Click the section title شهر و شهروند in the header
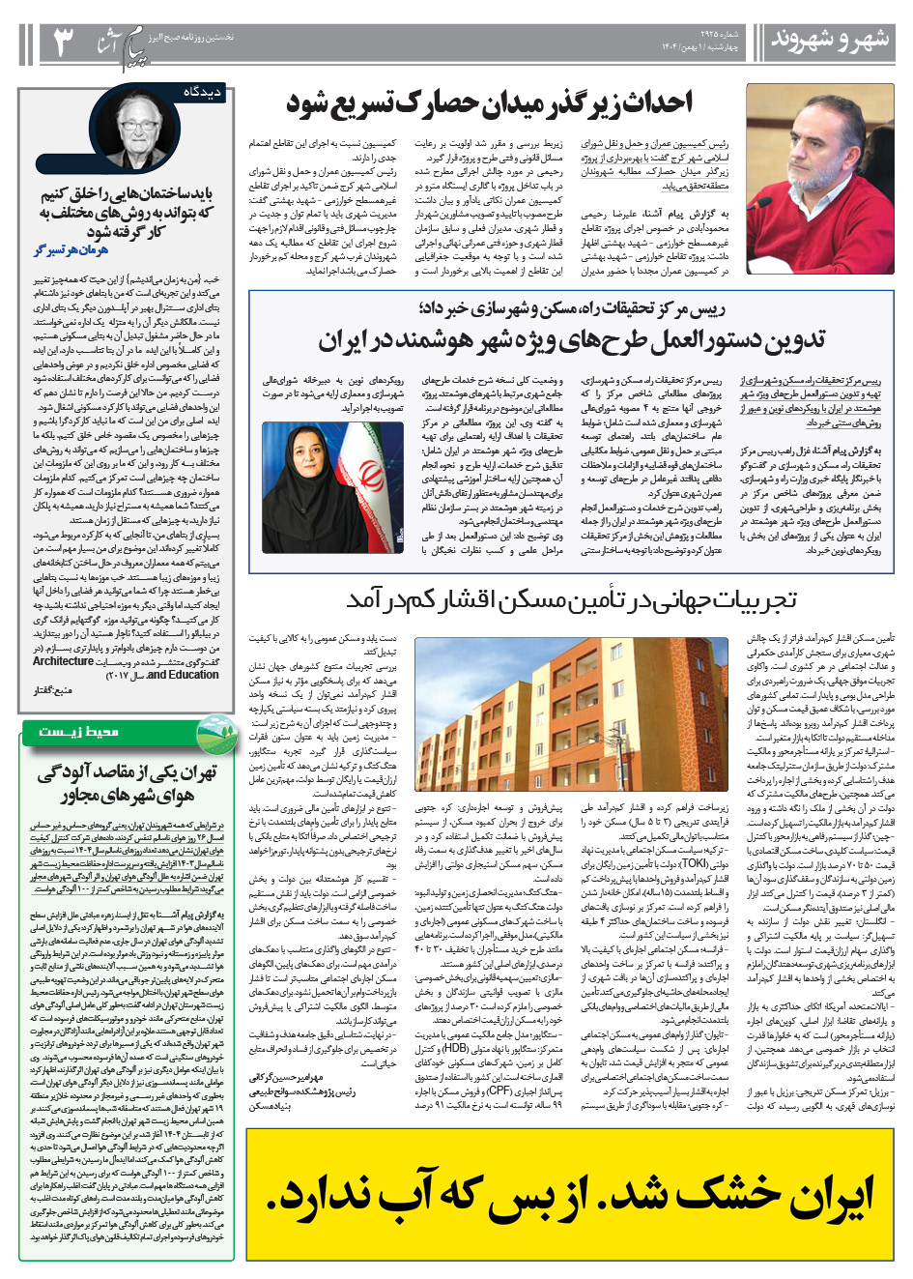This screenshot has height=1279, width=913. click(x=830, y=40)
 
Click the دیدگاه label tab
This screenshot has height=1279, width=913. click(x=204, y=92)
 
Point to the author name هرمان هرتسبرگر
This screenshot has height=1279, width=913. click(x=71, y=249)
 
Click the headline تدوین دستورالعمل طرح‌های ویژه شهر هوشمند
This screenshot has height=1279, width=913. click(x=572, y=340)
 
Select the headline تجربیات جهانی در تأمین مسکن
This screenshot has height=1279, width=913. click(x=571, y=600)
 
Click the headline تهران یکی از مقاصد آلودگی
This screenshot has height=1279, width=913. click(x=127, y=783)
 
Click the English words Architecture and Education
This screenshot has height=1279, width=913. click(x=126, y=668)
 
